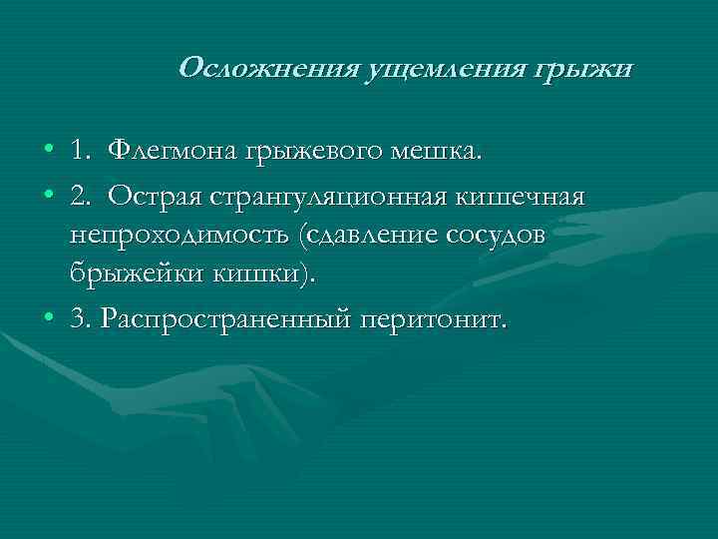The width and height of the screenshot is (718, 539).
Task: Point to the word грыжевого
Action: tap(306, 152)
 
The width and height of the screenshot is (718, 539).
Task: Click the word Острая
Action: tap(156, 196)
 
